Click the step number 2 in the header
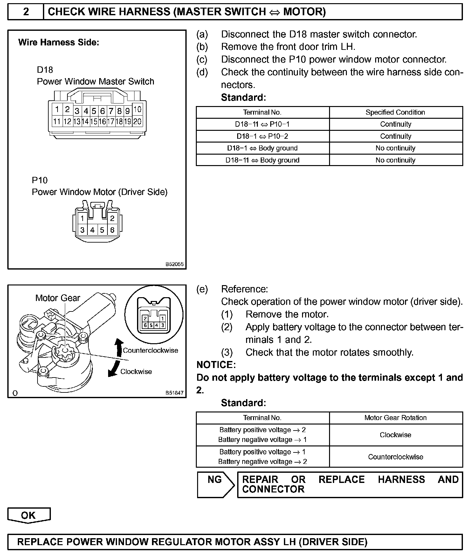26,12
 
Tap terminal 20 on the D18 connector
137,121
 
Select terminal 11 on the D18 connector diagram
57,121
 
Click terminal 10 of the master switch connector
137,110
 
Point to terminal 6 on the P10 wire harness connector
112,230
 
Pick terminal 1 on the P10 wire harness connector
82,218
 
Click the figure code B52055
174,264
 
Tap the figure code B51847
174,393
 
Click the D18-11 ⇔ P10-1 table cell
262,124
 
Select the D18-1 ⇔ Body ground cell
262,148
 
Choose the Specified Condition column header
395,112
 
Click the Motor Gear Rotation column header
395,418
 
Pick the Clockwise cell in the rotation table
395,435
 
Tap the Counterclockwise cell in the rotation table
395,457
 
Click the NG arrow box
216,485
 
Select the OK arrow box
29,515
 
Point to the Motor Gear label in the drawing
58,298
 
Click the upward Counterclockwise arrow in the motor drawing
119,348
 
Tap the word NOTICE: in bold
216,365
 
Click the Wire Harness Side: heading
59,43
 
